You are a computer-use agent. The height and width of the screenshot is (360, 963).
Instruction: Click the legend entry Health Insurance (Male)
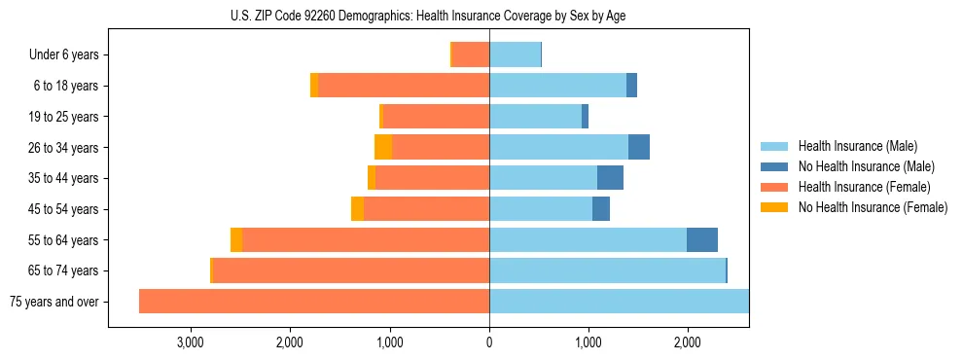coord(857,146)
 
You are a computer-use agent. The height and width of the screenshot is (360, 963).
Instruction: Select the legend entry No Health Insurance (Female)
coord(873,207)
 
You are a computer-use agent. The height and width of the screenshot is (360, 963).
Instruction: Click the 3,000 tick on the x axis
coord(191,342)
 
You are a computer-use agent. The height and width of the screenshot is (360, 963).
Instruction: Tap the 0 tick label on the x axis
coord(489,342)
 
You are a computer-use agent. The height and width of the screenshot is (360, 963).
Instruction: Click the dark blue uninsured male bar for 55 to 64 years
coord(702,239)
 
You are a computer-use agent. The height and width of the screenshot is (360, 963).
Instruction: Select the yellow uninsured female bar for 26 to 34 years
coord(383,147)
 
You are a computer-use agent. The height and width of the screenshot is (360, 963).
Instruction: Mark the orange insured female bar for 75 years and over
coord(314,302)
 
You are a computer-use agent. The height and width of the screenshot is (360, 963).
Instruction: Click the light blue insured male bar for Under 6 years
coord(515,54)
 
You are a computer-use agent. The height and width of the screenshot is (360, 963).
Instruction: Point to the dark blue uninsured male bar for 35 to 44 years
coord(610,178)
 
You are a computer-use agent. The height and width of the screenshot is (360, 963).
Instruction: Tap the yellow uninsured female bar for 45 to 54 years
coord(357,208)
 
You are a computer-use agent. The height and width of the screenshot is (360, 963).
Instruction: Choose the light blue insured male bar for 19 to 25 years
coord(535,117)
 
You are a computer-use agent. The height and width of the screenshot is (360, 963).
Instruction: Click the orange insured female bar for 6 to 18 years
coord(404,86)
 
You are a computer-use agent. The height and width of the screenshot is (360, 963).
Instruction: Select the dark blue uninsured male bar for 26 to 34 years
coord(639,147)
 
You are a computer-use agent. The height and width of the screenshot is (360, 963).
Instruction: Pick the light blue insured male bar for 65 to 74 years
coord(607,270)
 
